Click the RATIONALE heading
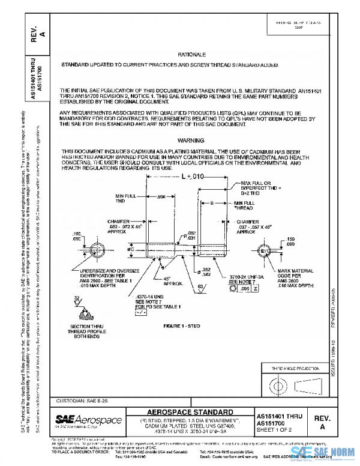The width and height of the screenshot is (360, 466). (x=188, y=55)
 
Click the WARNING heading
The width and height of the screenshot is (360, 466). (x=188, y=139)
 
